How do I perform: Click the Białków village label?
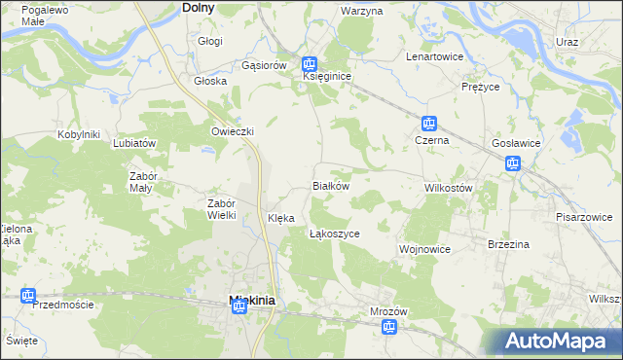(329, 185)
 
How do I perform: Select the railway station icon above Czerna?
(428, 125)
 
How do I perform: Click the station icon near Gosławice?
(512, 163)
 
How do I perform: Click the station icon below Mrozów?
(388, 328)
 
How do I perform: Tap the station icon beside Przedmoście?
(27, 295)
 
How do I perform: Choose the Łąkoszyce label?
(335, 234)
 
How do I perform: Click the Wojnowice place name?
(424, 249)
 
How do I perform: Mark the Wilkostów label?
(448, 187)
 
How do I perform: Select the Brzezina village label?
(508, 244)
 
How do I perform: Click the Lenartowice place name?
(434, 56)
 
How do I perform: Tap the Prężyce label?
(480, 87)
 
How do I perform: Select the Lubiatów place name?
(134, 143)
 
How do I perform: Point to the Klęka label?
(280, 219)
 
